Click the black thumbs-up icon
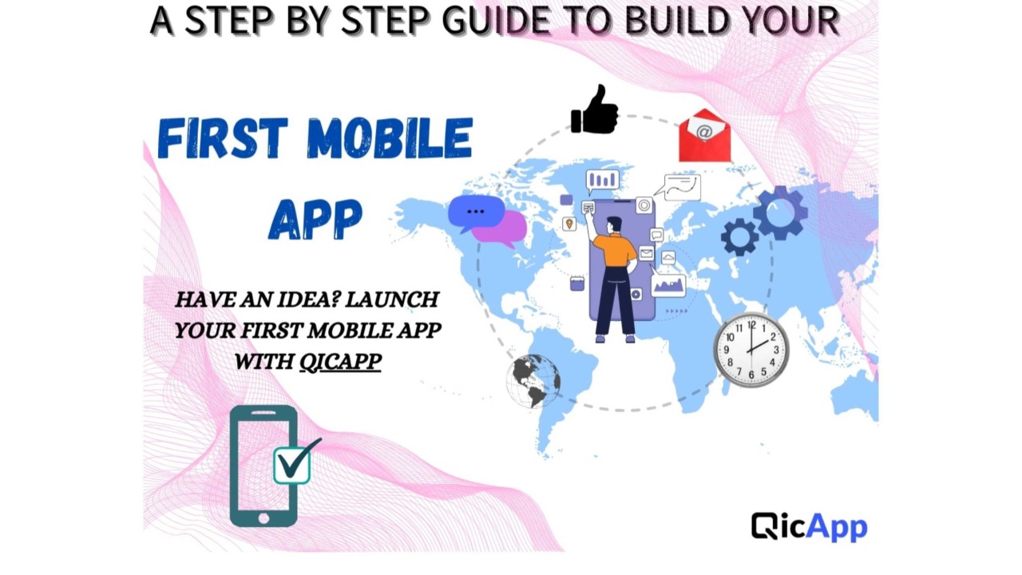click(595, 109)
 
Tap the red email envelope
click(704, 136)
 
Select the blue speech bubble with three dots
click(476, 212)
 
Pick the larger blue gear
click(780, 212)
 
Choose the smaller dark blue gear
click(739, 237)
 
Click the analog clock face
click(751, 350)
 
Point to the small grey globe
click(533, 381)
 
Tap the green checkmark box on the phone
click(293, 465)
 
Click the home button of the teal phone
click(263, 518)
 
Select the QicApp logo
click(809, 526)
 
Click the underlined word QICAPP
click(340, 362)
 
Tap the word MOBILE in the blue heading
click(390, 138)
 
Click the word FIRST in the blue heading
click(223, 138)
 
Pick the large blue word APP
click(315, 218)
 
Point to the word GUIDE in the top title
click(497, 21)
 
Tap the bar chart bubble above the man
click(602, 181)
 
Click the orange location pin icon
click(569, 224)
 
